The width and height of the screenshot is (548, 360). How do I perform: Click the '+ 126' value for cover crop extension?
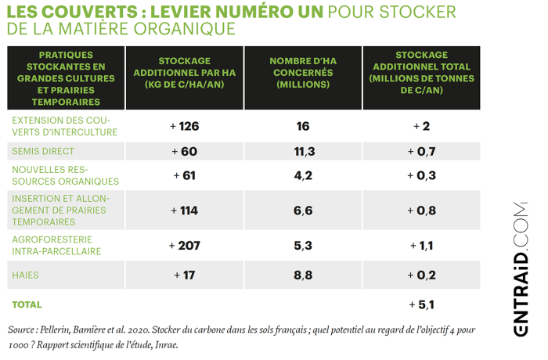pyautogui.click(x=185, y=127)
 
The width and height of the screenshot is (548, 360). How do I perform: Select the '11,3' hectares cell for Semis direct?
pyautogui.click(x=303, y=151)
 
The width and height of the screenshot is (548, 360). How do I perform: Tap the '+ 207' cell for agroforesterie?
pyautogui.click(x=185, y=245)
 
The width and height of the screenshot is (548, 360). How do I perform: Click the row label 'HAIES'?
pyautogui.click(x=26, y=275)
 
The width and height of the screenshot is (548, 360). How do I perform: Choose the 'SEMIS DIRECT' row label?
pyautogui.click(x=43, y=150)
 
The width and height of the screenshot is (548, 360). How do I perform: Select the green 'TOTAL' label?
pyautogui.click(x=27, y=304)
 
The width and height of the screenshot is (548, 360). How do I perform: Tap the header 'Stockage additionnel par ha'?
pyautogui.click(x=184, y=73)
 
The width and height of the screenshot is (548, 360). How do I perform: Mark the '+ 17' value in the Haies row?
pyautogui.click(x=185, y=275)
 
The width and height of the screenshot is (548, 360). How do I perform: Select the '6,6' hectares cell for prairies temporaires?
pyautogui.click(x=303, y=210)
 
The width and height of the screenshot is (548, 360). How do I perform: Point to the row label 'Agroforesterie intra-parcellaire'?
pyautogui.click(x=56, y=245)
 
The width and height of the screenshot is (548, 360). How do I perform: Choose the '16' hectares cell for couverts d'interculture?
pyautogui.click(x=303, y=127)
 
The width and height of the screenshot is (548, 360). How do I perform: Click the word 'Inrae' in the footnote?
pyautogui.click(x=167, y=344)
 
